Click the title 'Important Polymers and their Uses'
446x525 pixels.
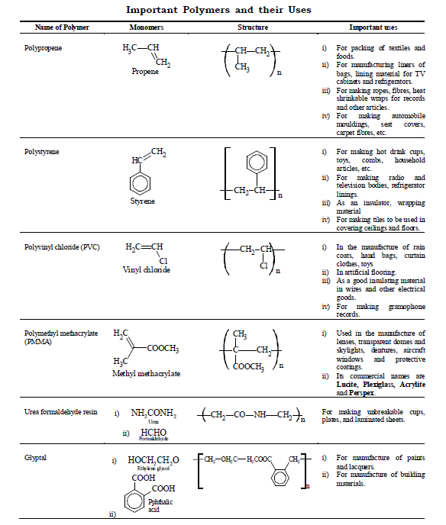coord(222,9)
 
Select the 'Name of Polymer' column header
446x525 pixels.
coord(62,27)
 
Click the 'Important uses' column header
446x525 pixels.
coord(373,27)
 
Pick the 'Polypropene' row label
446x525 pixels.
coord(43,47)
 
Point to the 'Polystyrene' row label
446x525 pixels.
coord(42,151)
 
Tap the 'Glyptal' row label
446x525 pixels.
coord(36,457)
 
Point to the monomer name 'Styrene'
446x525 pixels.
coord(142,201)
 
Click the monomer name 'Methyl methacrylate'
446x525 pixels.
coord(146,374)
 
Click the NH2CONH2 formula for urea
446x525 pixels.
coord(154,413)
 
